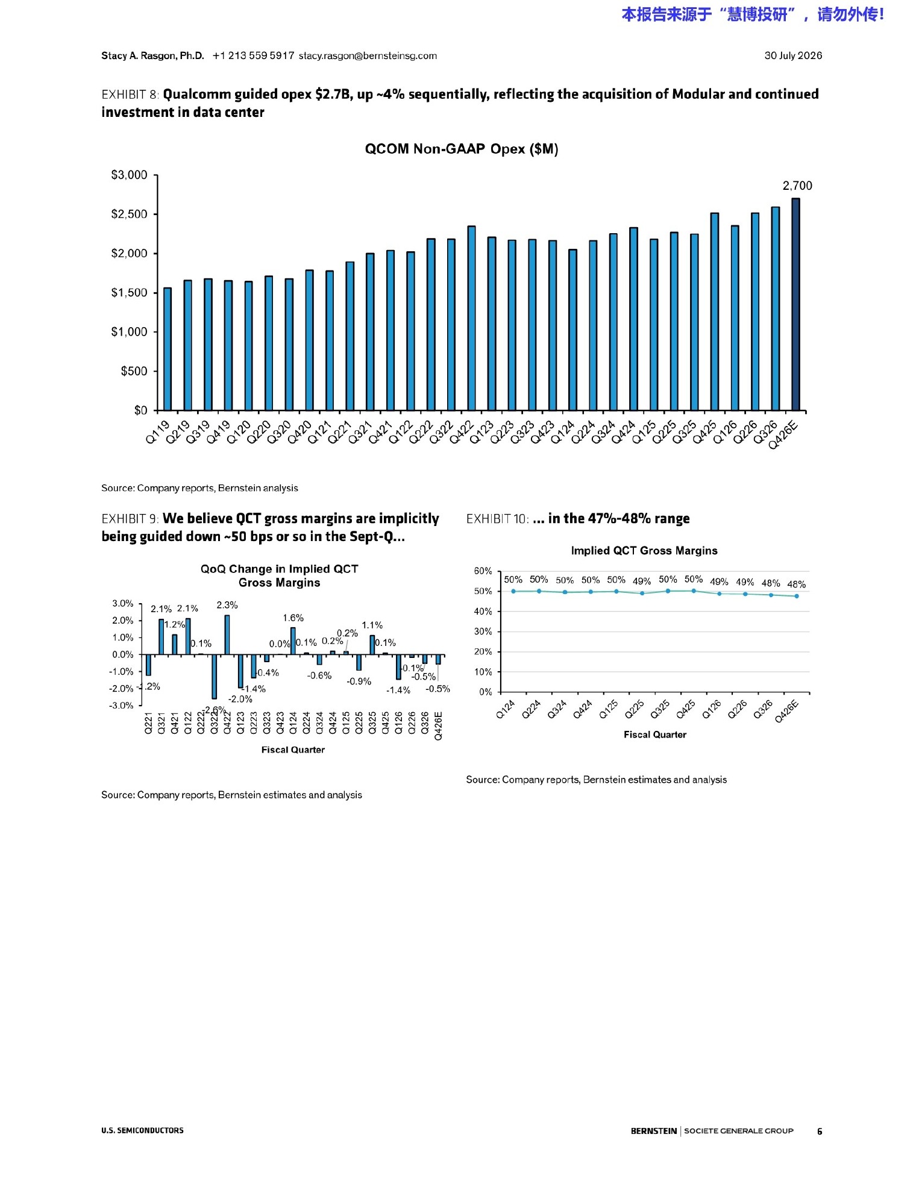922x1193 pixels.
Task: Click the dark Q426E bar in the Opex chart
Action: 795,304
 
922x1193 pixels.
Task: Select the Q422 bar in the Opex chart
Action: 471,318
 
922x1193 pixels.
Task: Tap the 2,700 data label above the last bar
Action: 797,186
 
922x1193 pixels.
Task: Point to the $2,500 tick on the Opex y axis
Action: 129,214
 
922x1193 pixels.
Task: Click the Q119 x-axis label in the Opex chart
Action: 158,433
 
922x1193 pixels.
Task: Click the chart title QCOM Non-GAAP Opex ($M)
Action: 462,149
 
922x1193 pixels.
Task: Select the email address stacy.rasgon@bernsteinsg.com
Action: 368,55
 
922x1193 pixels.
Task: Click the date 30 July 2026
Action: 793,55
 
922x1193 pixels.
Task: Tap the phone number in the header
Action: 254,55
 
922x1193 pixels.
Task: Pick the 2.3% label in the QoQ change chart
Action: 227,605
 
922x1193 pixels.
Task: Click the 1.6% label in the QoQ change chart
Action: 293,618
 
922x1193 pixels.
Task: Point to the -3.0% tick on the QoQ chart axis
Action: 121,706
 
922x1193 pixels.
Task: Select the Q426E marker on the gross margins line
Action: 797,596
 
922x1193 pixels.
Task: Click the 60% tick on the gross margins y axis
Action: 483,571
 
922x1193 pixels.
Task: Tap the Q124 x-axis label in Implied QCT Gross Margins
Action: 505,709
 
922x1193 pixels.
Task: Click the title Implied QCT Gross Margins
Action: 644,551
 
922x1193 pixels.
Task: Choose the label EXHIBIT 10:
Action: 497,519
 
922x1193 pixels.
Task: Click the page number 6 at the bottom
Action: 820,1131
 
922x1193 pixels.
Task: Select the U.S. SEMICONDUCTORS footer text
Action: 142,1130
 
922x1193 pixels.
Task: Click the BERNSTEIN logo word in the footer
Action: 654,1131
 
